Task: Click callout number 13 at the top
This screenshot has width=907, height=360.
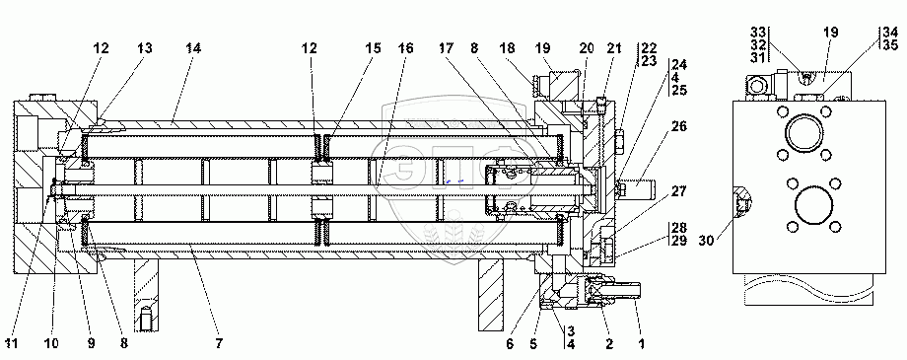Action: (x=144, y=48)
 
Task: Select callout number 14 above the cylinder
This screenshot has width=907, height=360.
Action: (x=193, y=48)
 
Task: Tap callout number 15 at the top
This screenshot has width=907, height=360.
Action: (x=373, y=48)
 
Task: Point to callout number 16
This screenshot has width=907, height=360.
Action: (x=406, y=48)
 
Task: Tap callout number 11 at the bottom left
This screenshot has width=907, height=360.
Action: (x=12, y=344)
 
